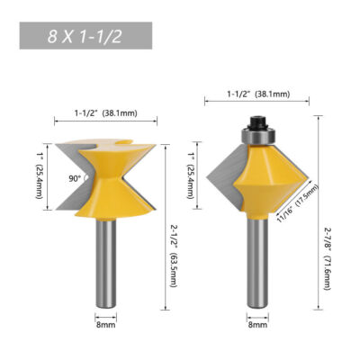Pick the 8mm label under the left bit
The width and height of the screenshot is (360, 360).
pyautogui.click(x=105, y=327)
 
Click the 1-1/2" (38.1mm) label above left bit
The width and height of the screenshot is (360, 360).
pyautogui.click(x=105, y=114)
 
